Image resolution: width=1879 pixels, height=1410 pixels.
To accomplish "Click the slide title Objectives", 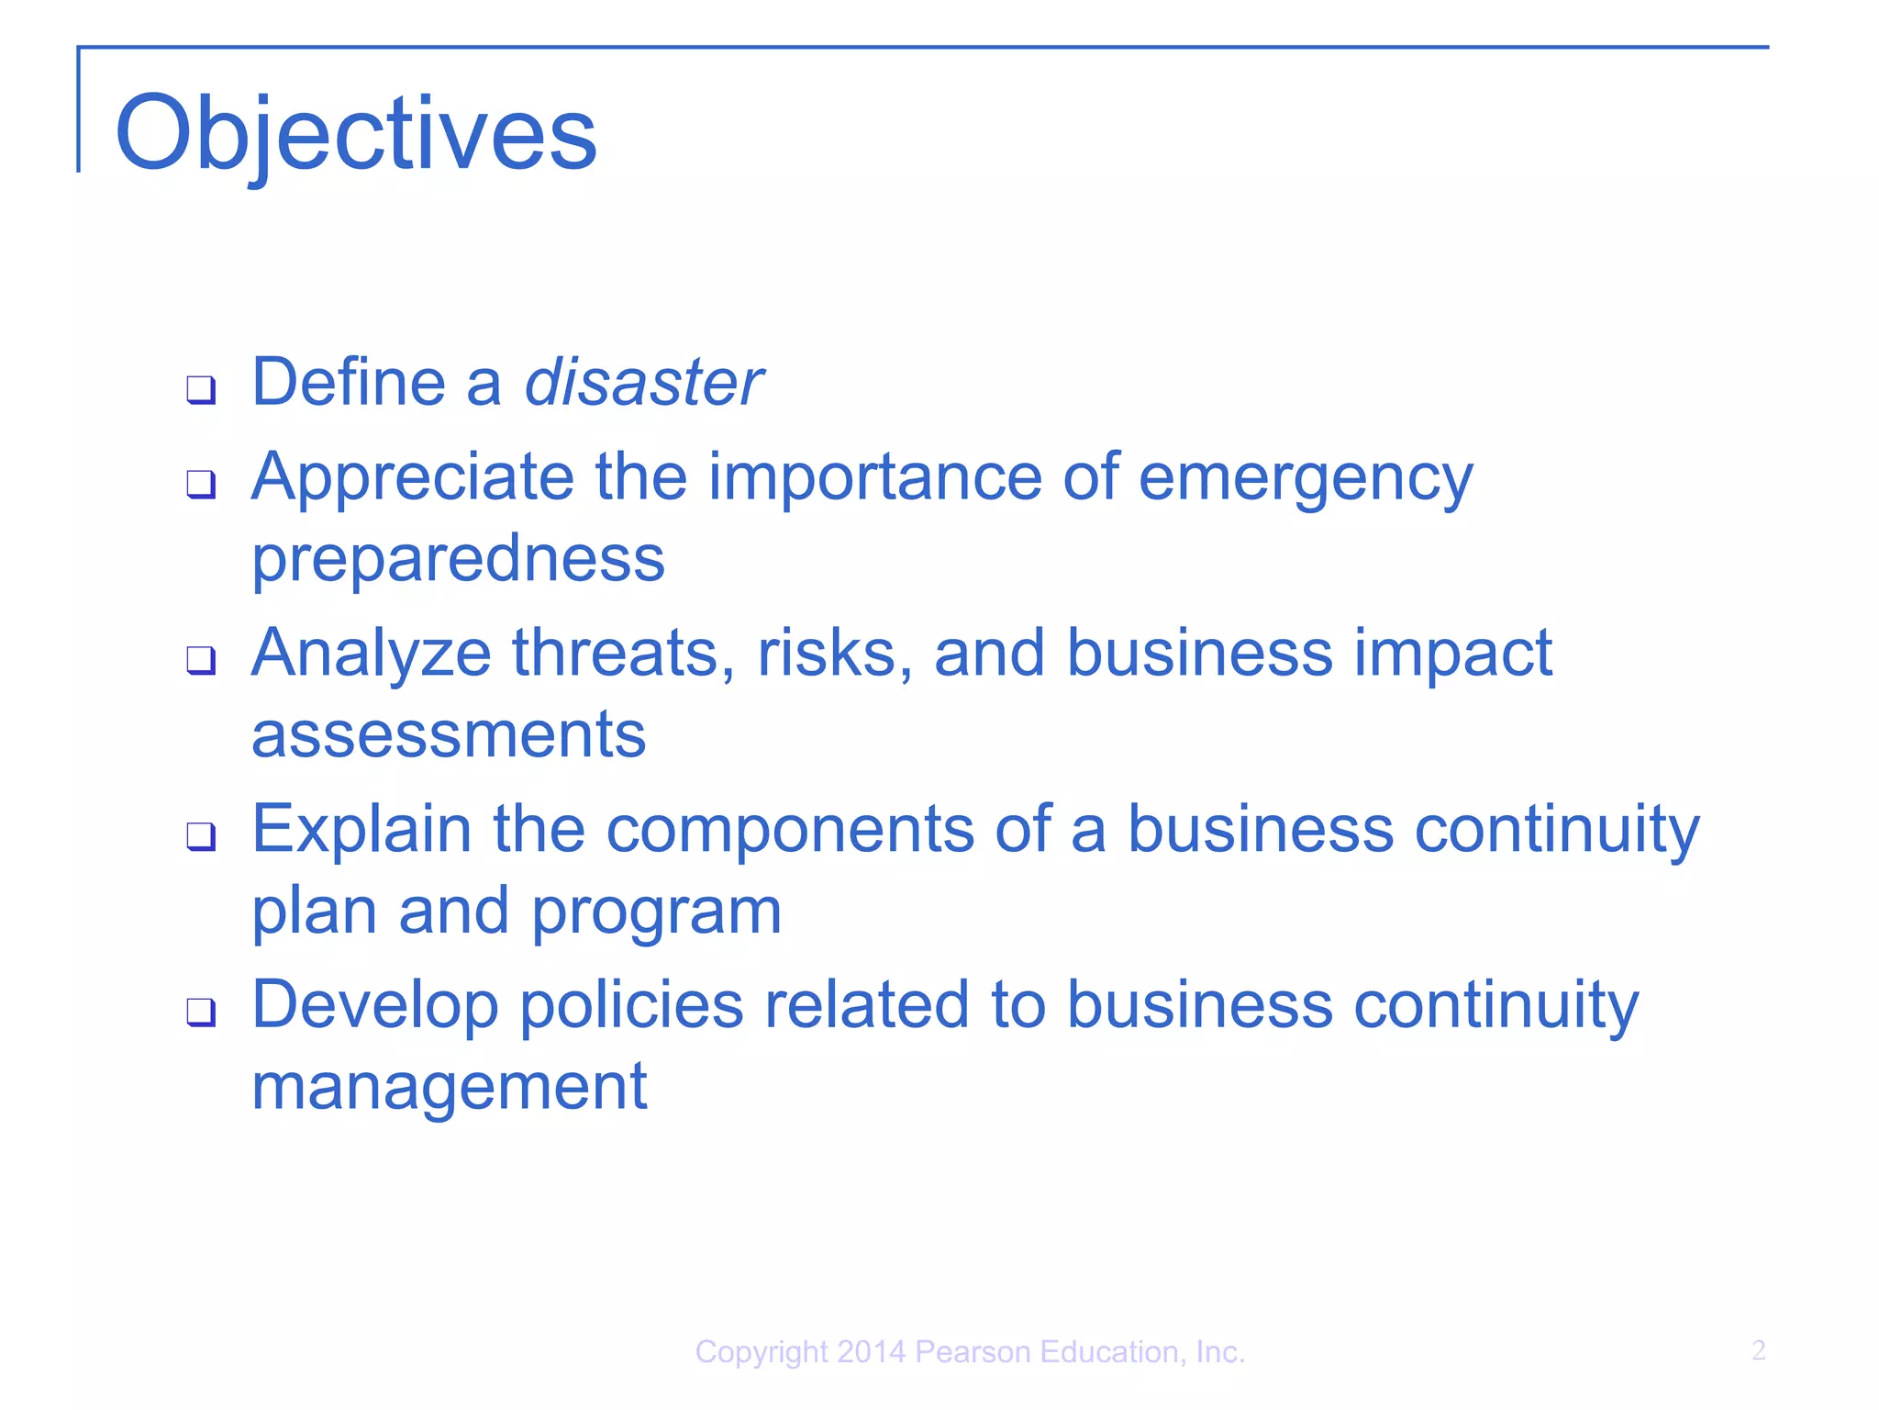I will [356, 134].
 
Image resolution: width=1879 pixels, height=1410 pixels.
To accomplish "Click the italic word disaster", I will [643, 382].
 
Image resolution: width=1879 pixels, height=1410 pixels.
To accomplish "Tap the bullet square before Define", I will [201, 389].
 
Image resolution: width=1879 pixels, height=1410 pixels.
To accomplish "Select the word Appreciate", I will [412, 477].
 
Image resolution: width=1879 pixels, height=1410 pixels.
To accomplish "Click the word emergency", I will [1305, 479].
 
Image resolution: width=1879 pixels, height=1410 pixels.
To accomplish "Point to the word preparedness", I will [458, 560].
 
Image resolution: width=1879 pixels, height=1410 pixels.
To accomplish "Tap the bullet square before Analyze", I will [201, 659].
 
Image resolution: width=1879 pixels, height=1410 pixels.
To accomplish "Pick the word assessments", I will [449, 734].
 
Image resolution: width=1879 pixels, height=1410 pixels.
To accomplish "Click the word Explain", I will [361, 830].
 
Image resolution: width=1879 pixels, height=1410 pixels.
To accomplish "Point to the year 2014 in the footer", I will [871, 1352].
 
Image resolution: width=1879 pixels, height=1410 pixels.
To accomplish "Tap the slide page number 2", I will [1758, 1350].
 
